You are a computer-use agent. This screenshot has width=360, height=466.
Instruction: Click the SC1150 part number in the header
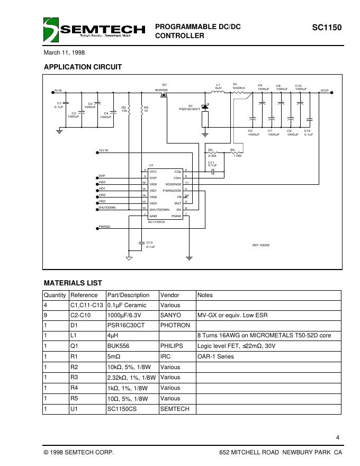coord(327,26)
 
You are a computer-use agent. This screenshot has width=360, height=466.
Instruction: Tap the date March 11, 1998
coord(64,53)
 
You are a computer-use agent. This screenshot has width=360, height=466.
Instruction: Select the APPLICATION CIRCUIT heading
coord(83,67)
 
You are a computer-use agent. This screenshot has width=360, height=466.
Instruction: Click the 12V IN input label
coord(103,150)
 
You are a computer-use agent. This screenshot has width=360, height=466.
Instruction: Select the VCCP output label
coord(325,91)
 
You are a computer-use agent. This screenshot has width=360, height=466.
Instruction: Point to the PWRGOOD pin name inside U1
coord(172,190)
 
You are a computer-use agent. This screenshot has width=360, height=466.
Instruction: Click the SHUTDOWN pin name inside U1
coord(159,209)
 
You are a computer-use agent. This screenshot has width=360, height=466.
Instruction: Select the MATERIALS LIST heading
coord(73,283)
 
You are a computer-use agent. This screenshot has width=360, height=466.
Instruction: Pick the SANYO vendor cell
coord(170,315)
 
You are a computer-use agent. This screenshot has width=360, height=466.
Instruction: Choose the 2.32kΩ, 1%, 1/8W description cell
coord(131,377)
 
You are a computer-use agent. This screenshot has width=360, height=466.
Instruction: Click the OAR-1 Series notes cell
coord(215,356)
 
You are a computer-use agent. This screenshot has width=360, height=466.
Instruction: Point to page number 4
coord(338,437)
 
